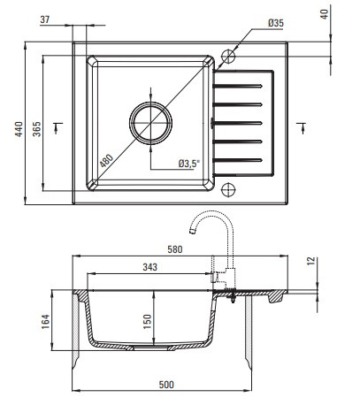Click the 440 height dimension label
click(19, 129)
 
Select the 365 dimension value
click(37, 129)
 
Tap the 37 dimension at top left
click(45, 19)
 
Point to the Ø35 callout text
click(276, 23)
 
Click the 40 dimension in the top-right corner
click(324, 14)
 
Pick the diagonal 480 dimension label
click(106, 161)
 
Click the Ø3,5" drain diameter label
click(189, 164)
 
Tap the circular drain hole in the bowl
click(150, 123)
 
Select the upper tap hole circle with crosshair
click(228, 56)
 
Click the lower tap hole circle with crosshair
click(228, 189)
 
